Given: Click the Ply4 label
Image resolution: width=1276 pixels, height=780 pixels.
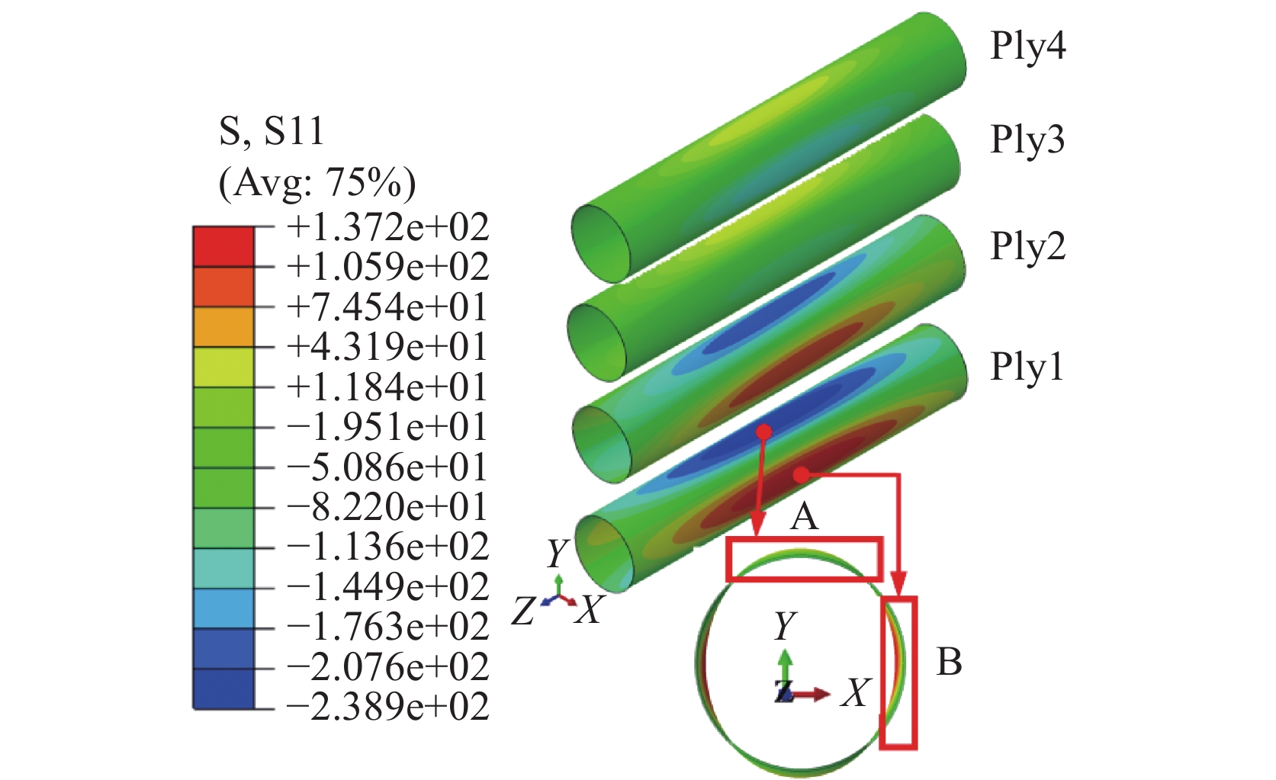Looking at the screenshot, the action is click(x=1027, y=47).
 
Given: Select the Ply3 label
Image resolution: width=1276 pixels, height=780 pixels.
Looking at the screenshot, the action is click(x=1027, y=140).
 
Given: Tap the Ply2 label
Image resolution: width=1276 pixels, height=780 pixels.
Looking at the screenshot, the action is click(x=1027, y=247).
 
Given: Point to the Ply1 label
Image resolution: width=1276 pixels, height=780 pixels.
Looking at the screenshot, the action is click(x=1027, y=367).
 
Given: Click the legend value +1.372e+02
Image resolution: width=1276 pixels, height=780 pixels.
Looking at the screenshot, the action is click(x=388, y=226).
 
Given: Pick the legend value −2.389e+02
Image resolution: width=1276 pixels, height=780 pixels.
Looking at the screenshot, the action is click(x=388, y=707).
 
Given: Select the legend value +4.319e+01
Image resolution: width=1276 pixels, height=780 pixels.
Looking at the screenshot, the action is click(x=387, y=346).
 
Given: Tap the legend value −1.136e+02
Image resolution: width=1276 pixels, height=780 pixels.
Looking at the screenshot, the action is click(x=388, y=547).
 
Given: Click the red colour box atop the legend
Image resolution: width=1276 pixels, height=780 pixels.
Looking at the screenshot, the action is click(x=223, y=246).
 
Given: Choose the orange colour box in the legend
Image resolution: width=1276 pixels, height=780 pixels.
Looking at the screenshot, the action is click(x=223, y=327).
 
